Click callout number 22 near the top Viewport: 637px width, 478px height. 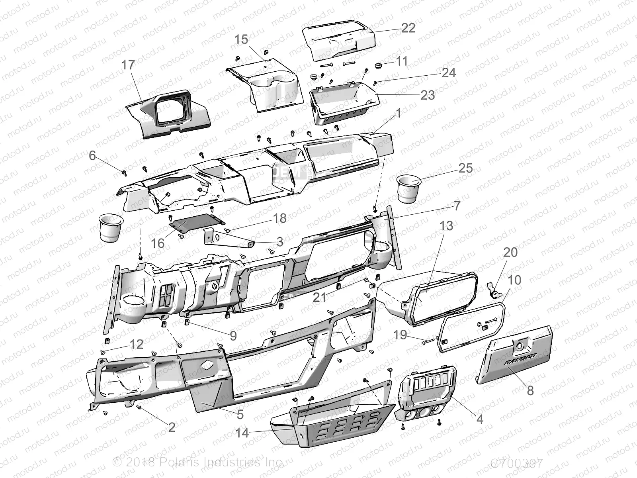[x=408, y=28]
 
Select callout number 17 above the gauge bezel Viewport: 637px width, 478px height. [x=128, y=65]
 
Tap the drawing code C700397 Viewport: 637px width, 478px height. [x=516, y=463]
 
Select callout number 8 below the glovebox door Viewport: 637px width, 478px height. [x=530, y=390]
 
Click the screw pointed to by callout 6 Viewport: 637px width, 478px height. [x=124, y=172]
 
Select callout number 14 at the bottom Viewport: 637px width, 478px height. [x=242, y=432]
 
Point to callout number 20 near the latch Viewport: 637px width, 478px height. [x=510, y=252]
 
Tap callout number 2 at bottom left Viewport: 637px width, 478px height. [x=172, y=427]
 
